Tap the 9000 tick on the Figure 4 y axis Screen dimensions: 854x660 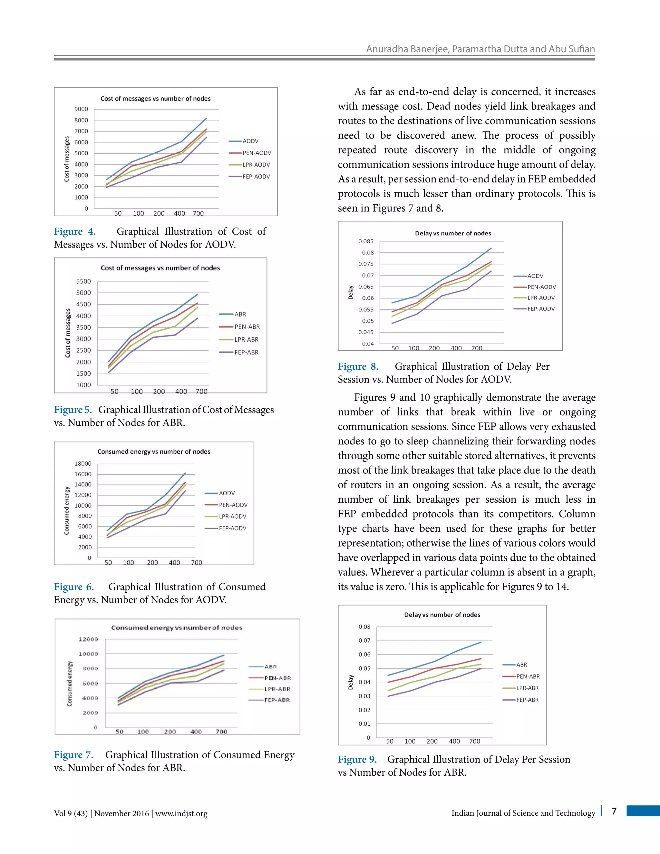81,109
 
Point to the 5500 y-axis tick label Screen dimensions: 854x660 83,281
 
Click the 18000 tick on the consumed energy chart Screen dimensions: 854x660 83,463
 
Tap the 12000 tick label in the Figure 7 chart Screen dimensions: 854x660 88,639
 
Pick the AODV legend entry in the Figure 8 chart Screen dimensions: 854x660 535,276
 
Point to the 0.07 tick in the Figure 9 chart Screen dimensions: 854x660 364,641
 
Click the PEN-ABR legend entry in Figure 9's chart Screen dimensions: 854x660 528,676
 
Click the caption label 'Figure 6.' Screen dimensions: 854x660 74,587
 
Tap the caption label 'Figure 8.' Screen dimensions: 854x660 358,366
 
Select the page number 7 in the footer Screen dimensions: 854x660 614,811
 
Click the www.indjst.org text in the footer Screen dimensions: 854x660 181,814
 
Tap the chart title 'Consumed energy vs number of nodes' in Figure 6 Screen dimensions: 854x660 154,451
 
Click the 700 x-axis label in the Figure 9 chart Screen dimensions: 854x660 474,742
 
